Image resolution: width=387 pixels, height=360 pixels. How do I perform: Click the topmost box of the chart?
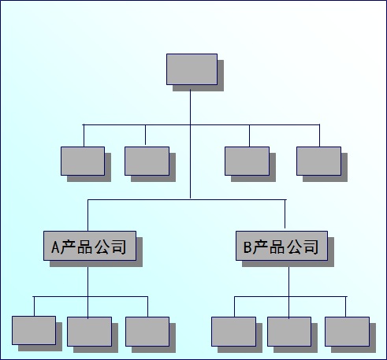pyautogui.click(x=192, y=69)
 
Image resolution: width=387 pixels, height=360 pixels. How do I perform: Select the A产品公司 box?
pyautogui.click(x=90, y=246)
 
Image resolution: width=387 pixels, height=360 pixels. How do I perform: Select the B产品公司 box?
pyautogui.click(x=281, y=246)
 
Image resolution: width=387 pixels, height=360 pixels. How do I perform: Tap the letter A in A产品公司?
pyautogui.click(x=55, y=247)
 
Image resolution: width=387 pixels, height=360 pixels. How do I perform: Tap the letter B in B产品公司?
pyautogui.click(x=247, y=247)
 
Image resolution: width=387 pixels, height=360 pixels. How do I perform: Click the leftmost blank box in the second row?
pyautogui.click(x=83, y=161)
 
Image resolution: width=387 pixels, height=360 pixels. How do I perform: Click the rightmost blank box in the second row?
pyautogui.click(x=318, y=161)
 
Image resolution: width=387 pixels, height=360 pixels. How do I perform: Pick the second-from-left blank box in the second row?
pyautogui.click(x=147, y=161)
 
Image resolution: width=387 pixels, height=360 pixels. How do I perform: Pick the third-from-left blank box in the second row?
pyautogui.click(x=247, y=161)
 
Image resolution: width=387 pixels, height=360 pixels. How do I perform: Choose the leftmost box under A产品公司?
pyautogui.click(x=34, y=330)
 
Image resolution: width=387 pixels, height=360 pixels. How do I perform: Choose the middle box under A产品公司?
pyautogui.click(x=89, y=332)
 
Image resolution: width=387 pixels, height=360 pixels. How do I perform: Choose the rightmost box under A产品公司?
pyautogui.click(x=147, y=332)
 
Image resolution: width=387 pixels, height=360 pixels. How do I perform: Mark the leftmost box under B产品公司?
pyautogui.click(x=233, y=332)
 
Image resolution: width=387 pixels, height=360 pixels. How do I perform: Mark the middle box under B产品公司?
pyautogui.click(x=289, y=332)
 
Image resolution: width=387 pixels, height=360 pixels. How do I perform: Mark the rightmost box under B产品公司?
pyautogui.click(x=347, y=332)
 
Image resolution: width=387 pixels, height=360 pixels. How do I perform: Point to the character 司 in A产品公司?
pyautogui.click(x=118, y=247)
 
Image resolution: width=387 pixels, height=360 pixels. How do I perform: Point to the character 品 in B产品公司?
pyautogui.click(x=277, y=247)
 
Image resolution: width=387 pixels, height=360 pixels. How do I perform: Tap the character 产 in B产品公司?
pyautogui.click(x=260, y=247)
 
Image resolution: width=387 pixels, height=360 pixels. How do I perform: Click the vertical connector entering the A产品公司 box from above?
pyautogui.click(x=87, y=215)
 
